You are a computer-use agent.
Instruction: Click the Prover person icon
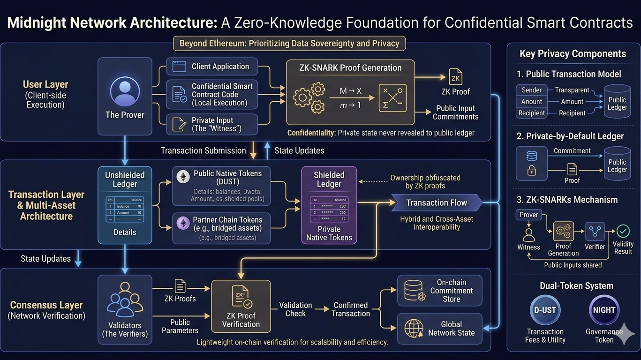(x=125, y=91)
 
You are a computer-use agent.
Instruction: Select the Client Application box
(x=212, y=67)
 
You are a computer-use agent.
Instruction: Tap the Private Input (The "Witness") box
(x=212, y=124)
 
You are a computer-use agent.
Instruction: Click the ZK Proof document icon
(x=455, y=76)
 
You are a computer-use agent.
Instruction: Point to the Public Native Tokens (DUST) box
(x=221, y=186)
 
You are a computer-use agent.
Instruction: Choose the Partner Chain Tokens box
(x=221, y=228)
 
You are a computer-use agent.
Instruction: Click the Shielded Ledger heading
(x=329, y=180)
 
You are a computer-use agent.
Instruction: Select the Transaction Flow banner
(x=436, y=203)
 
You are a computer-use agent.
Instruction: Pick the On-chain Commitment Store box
(x=439, y=291)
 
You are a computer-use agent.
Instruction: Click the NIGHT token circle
(x=604, y=310)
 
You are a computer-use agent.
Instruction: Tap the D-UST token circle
(x=545, y=310)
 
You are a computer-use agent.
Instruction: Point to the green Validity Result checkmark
(x=623, y=231)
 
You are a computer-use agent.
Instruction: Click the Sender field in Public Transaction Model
(x=531, y=90)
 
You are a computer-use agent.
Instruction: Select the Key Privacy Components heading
(x=573, y=54)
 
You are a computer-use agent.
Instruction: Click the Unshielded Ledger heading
(x=125, y=180)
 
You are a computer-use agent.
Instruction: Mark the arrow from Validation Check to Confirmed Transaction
(x=321, y=309)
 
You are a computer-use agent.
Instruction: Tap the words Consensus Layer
(x=46, y=305)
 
